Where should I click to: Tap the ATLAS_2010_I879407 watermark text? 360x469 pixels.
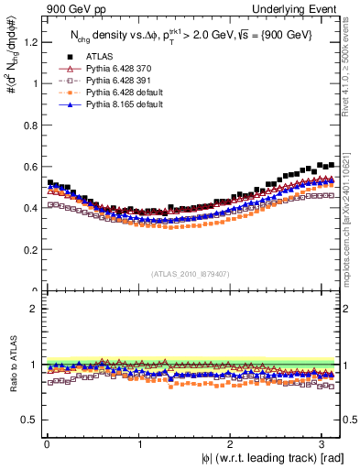tap(191, 273)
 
